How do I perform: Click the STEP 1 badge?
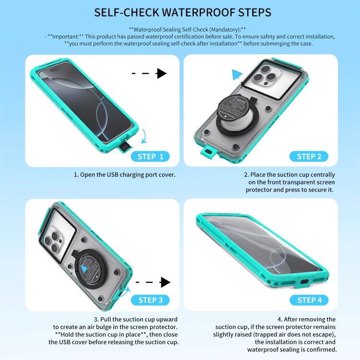tap(150, 156)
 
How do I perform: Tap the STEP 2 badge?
tap(309, 156)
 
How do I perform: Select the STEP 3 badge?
tap(150, 300)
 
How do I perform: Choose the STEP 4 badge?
tap(309, 300)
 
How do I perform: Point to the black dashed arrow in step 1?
tap(149, 73)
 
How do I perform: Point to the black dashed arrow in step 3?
tap(153, 282)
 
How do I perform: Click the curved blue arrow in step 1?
tap(144, 136)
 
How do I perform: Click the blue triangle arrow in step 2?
tap(237, 74)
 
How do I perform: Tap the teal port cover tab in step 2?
tap(207, 152)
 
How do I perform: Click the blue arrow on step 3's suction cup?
tap(84, 269)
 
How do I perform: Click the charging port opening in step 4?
tap(304, 282)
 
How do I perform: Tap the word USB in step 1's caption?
tap(112, 175)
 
